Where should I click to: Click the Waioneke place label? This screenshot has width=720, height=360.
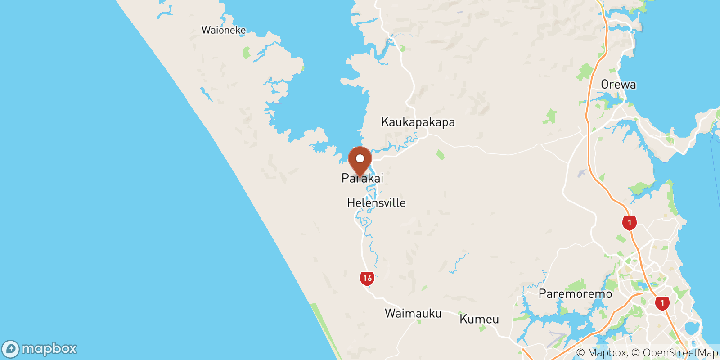pyautogui.click(x=224, y=30)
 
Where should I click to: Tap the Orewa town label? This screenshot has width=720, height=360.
pyautogui.click(x=618, y=85)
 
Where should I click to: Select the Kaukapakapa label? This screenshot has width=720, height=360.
pyautogui.click(x=418, y=122)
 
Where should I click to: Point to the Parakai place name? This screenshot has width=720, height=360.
pyautogui.click(x=362, y=178)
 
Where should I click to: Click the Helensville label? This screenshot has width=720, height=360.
pyautogui.click(x=376, y=203)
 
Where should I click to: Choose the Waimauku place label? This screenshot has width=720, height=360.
pyautogui.click(x=413, y=313)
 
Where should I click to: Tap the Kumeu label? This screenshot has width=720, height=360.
pyautogui.click(x=479, y=319)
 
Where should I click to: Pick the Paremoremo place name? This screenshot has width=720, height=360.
pyautogui.click(x=575, y=294)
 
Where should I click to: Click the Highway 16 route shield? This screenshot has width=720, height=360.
pyautogui.click(x=367, y=278)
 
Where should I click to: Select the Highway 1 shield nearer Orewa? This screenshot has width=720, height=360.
pyautogui.click(x=629, y=222)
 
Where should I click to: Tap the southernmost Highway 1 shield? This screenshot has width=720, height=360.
pyautogui.click(x=662, y=303)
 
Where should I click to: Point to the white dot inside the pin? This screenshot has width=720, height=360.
pyautogui.click(x=360, y=158)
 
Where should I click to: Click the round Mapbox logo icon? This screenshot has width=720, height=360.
pyautogui.click(x=10, y=349)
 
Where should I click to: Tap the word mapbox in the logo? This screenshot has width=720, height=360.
pyautogui.click(x=49, y=349)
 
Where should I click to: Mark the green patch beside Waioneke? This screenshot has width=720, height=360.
pyautogui.click(x=246, y=53)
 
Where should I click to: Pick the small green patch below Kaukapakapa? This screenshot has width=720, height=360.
pyautogui.click(x=441, y=155)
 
